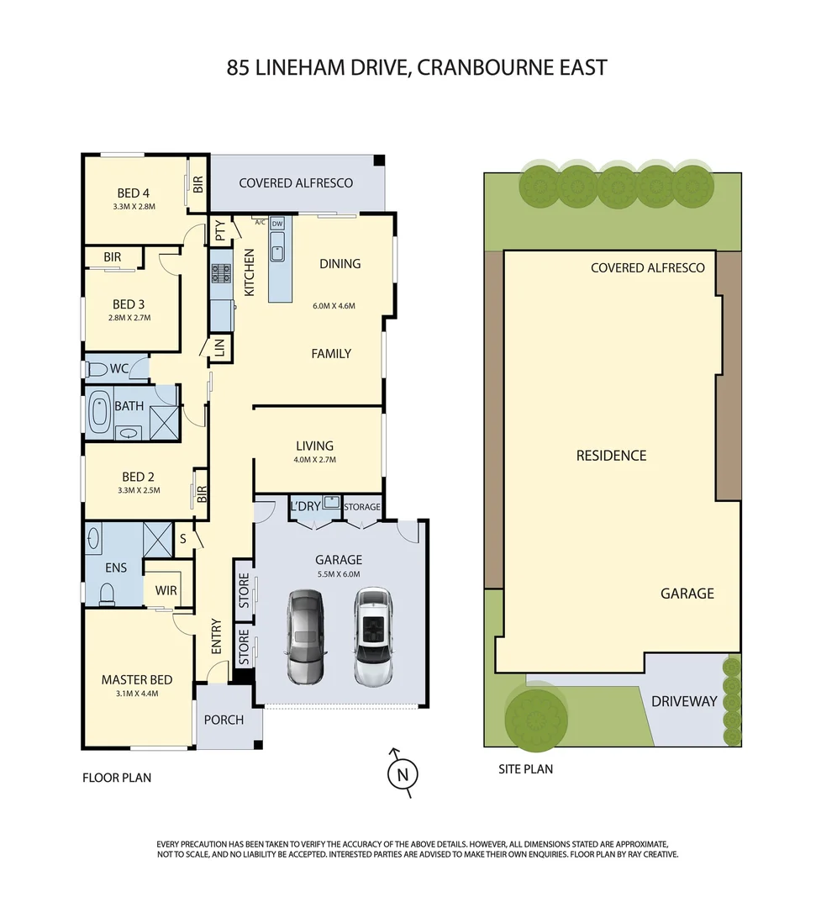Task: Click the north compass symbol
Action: point(403,773)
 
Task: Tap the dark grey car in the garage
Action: point(305,636)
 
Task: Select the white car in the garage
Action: point(374,636)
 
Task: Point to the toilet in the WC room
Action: point(97,368)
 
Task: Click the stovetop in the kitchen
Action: point(221,272)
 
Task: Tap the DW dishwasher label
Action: point(277,223)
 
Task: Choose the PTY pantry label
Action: point(220,230)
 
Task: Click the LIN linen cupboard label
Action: point(220,349)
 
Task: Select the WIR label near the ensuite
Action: point(166,590)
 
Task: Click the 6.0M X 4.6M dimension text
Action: point(334,305)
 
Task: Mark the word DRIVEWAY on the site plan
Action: point(684,701)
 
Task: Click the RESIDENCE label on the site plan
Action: point(611,456)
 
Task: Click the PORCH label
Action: point(224,720)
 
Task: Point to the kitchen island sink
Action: point(278,249)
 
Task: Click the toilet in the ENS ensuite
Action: point(107,594)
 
